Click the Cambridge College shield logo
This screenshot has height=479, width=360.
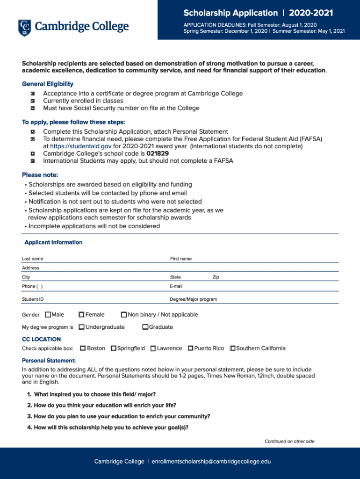point(24,28)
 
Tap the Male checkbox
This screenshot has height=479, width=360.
point(48,314)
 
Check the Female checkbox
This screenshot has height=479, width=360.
point(82,314)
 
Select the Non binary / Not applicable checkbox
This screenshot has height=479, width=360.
point(124,314)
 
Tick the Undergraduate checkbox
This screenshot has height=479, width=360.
point(82,327)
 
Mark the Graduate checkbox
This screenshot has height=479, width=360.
point(145,327)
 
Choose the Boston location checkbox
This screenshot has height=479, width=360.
point(83,348)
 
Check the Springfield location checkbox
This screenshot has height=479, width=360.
point(114,348)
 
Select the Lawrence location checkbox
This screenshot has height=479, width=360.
point(153,348)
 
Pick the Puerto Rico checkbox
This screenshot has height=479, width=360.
point(191,348)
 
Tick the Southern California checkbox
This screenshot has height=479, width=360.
point(233,348)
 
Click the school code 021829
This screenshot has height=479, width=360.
point(158,153)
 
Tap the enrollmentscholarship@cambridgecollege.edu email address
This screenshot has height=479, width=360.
point(211,462)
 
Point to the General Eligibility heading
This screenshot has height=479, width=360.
point(48,84)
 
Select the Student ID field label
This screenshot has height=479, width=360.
point(33,299)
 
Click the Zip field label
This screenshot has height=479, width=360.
point(216,277)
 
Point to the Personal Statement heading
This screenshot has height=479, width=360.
point(49,361)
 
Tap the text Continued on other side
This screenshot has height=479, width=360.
point(289,441)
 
